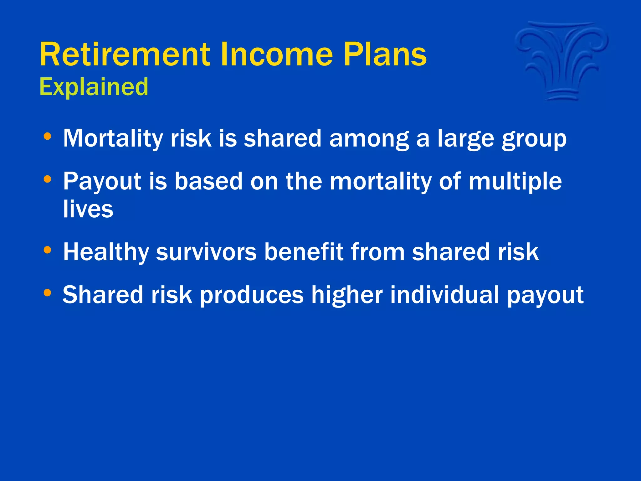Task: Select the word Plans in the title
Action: [x=385, y=54]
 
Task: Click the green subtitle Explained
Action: [x=94, y=87]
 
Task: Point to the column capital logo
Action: [x=562, y=61]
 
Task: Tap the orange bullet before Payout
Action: [x=47, y=179]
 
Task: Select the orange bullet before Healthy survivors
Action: [x=47, y=250]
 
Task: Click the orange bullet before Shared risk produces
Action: [x=47, y=293]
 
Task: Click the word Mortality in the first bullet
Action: [x=113, y=138]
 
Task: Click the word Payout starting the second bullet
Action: [x=102, y=182]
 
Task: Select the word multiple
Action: [x=515, y=182]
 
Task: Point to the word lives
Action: [x=88, y=209]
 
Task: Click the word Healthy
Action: [x=106, y=252]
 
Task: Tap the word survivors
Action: [x=206, y=252]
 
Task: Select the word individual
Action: [x=444, y=295]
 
